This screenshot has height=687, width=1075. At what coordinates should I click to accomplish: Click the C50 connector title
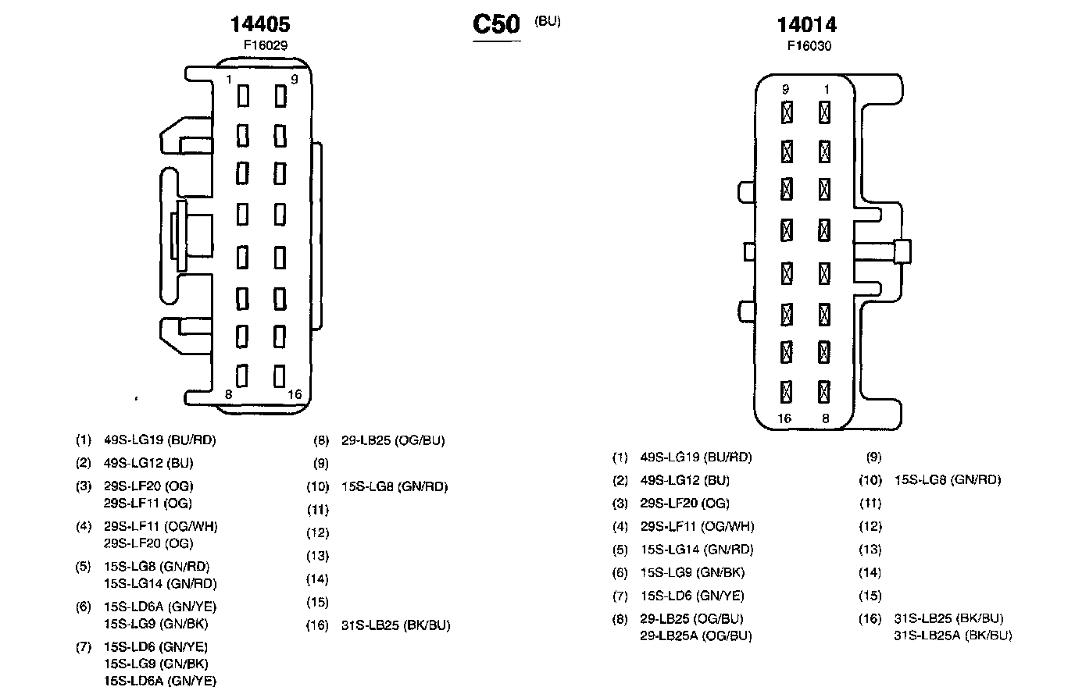(x=496, y=24)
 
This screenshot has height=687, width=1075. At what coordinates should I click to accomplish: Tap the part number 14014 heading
(x=806, y=24)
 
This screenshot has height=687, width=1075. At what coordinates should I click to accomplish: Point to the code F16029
(x=265, y=45)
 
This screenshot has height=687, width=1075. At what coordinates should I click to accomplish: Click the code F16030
(x=809, y=46)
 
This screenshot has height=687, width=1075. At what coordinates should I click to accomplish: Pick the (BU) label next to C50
(x=547, y=21)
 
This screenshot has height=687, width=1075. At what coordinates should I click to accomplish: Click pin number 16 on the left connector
(x=295, y=394)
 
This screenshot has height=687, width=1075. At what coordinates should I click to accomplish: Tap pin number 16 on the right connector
(x=784, y=418)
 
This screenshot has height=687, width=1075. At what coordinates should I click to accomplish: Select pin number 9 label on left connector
(x=295, y=79)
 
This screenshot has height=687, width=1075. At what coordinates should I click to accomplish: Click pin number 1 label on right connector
(x=827, y=90)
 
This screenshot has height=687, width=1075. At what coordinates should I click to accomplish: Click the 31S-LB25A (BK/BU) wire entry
(x=952, y=635)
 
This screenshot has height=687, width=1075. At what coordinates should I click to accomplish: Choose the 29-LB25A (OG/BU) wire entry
(x=695, y=635)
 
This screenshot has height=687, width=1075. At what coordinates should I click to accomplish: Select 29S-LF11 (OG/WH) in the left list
(x=161, y=526)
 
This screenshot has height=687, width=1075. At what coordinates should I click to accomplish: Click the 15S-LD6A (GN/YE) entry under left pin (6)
(x=160, y=607)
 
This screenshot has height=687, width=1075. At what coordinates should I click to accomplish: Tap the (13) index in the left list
(x=318, y=557)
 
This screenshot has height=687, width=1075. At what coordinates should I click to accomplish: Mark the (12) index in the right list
(x=870, y=527)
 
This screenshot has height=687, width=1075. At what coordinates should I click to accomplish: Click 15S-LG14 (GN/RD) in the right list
(x=697, y=550)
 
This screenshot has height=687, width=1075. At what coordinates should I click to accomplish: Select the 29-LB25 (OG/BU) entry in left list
(x=393, y=440)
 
